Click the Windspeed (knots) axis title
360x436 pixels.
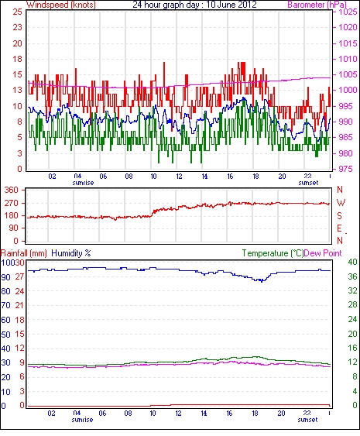[x=61, y=5]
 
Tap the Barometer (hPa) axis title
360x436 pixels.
[x=317, y=5]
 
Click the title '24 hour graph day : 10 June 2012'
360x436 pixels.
[x=194, y=5]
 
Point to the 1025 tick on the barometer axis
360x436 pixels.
[x=348, y=12]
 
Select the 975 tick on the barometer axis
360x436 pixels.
[x=345, y=169]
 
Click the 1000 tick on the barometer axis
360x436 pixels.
[x=348, y=90]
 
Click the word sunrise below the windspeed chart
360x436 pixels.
[x=83, y=183]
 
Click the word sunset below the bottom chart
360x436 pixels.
[x=307, y=419]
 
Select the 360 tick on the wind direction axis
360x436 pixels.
[x=11, y=190]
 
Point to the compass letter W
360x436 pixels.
[x=341, y=203]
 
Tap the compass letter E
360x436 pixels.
[x=339, y=228]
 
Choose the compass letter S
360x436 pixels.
[x=339, y=216]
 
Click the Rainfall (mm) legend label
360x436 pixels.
[x=24, y=253]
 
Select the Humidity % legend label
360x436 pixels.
[x=71, y=253]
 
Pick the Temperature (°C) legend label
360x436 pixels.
[x=273, y=253]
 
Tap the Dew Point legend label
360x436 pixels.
[x=323, y=253]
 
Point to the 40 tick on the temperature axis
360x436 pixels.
[x=352, y=262]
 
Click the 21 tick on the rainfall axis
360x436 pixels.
[x=19, y=305]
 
